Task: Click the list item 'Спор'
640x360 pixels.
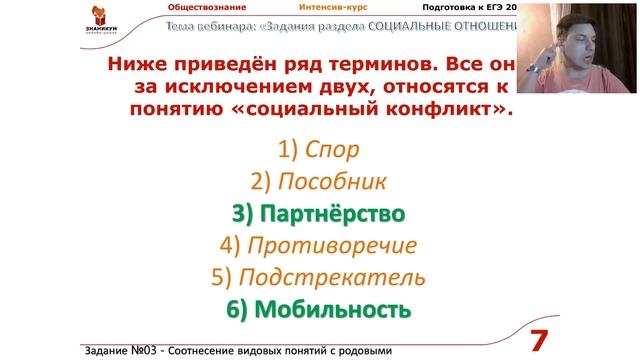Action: click(x=319, y=150)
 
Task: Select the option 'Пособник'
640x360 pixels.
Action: click(x=319, y=182)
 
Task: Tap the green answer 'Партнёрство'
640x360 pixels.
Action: click(x=319, y=214)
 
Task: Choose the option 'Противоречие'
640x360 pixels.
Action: click(x=319, y=245)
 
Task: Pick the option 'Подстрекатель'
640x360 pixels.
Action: click(x=319, y=277)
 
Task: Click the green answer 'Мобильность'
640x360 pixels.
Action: click(x=319, y=309)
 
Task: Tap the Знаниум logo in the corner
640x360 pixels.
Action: click(x=30, y=23)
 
